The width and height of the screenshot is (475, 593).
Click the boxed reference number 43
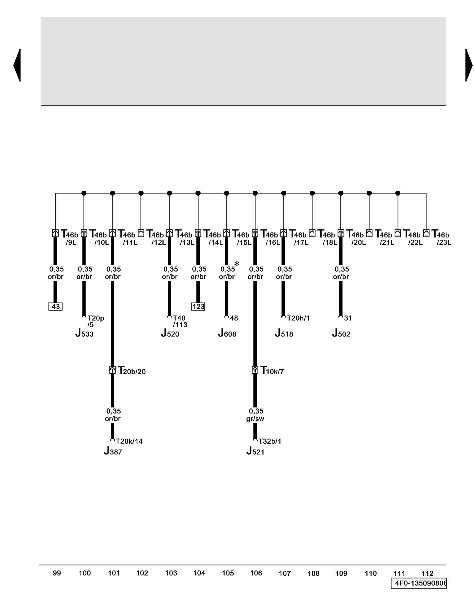pyautogui.click(x=56, y=306)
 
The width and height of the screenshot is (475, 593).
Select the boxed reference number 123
pyautogui.click(x=198, y=306)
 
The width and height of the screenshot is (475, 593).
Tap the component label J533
pyautogui.click(x=84, y=333)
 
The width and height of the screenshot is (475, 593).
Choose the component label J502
pyautogui.click(x=341, y=333)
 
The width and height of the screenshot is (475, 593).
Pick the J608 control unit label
pyautogui.click(x=227, y=333)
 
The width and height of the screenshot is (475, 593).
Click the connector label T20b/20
pyautogui.click(x=132, y=371)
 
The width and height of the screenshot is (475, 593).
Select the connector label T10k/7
pyautogui.click(x=272, y=371)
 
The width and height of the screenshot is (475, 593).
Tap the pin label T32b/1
pyautogui.click(x=270, y=441)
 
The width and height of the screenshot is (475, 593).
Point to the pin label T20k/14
pyautogui.click(x=129, y=441)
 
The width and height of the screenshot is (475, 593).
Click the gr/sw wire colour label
pyautogui.click(x=255, y=419)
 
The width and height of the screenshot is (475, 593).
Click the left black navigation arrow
pyautogui.click(x=17, y=65)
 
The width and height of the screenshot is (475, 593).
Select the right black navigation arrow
pyautogui.click(x=468, y=65)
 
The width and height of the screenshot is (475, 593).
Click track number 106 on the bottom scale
pyautogui.click(x=256, y=573)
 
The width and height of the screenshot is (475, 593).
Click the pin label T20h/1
pyautogui.click(x=298, y=318)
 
